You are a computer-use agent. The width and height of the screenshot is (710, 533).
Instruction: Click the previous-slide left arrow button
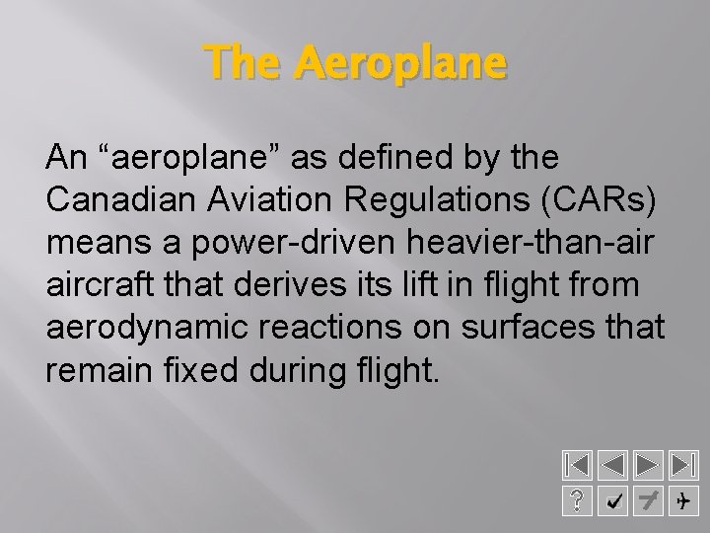[x=613, y=465]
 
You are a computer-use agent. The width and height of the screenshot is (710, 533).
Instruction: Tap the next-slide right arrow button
[x=647, y=465]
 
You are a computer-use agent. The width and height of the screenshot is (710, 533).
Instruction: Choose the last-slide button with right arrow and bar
[x=681, y=465]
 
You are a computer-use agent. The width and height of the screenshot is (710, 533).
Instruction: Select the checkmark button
[x=613, y=502]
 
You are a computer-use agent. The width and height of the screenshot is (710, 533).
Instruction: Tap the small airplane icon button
[x=681, y=502]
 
